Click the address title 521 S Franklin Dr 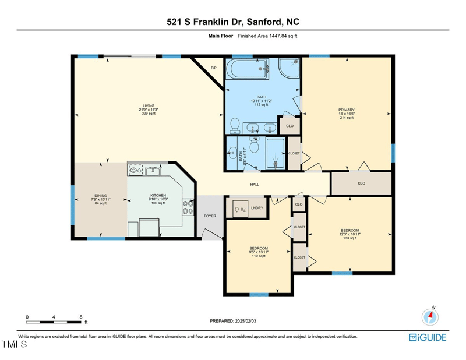[232, 22]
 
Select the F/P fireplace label [214, 68]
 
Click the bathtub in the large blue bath [248, 70]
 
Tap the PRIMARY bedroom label [347, 110]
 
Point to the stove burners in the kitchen [189, 207]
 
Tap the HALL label [255, 185]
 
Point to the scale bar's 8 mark [81, 317]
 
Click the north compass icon [429, 316]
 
